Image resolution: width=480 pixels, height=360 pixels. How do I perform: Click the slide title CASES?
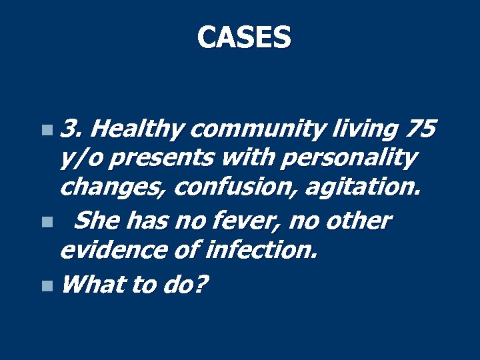(244, 37)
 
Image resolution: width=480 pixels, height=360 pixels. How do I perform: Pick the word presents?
(164, 159)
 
